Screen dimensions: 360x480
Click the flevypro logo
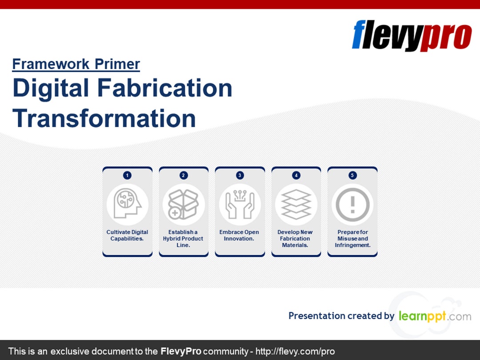tap(412, 36)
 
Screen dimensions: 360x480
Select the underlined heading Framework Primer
tap(76, 64)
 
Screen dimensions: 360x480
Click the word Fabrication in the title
tap(164, 88)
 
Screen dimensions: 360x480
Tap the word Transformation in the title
tap(104, 118)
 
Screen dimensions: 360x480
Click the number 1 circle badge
tap(127, 175)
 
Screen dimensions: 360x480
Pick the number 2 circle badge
tap(184, 175)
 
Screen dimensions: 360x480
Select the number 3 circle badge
tap(240, 175)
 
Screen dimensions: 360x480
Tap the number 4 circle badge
tap(296, 175)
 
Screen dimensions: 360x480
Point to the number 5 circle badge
tap(352, 175)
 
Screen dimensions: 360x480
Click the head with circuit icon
tap(127, 204)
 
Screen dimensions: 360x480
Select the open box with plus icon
tap(184, 204)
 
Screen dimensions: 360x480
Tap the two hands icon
tap(240, 204)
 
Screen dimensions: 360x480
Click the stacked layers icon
tap(296, 204)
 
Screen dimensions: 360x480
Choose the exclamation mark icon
tap(352, 204)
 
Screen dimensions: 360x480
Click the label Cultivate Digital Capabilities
tap(127, 235)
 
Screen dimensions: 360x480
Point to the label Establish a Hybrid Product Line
tap(183, 239)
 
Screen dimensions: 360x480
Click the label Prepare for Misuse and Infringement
tap(352, 239)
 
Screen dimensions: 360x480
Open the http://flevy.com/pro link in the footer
tap(295, 351)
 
